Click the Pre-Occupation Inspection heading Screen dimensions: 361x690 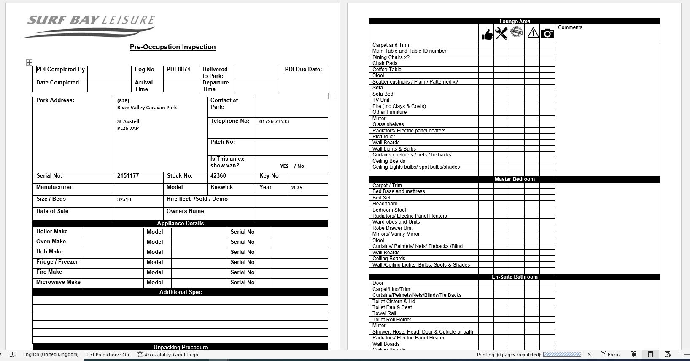tap(172, 47)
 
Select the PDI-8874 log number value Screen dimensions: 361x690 tap(178, 70)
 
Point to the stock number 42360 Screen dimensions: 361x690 tap(218, 176)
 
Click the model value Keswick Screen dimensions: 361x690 tap(221, 187)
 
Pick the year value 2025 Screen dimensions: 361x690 tap(296, 188)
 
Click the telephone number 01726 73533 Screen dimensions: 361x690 tap(274, 121)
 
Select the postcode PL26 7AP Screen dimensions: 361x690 tap(128, 128)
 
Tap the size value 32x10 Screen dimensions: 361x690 tap(124, 199)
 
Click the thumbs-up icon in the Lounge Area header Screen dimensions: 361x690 tap(486, 34)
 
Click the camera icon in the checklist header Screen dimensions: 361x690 tap(547, 33)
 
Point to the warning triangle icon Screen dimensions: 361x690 tap(533, 33)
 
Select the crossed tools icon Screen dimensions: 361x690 tap(501, 33)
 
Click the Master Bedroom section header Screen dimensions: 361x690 tap(514, 179)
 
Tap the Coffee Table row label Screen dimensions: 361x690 tap(387, 70)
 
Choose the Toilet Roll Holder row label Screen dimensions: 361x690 tap(391, 320)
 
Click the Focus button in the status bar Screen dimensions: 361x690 tap(610, 354)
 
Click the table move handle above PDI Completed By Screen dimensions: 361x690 tap(29, 62)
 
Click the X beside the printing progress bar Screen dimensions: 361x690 tap(589, 354)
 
